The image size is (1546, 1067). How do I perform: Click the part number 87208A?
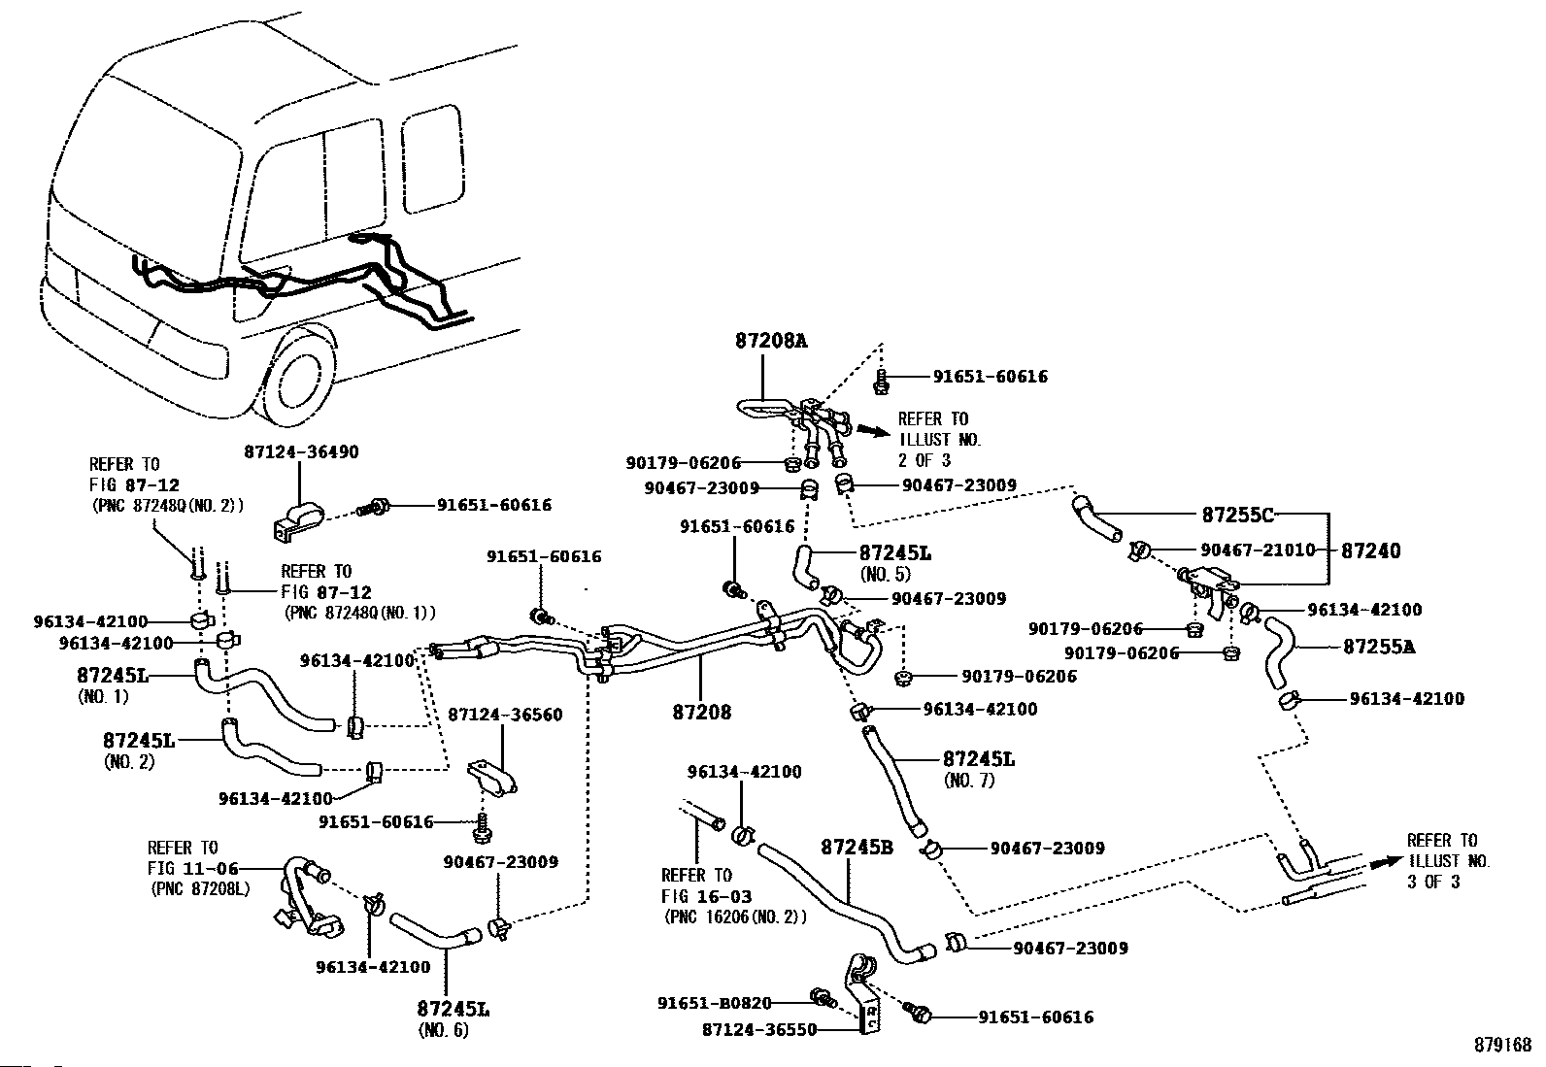[771, 341]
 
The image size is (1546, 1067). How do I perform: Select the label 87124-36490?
[300, 452]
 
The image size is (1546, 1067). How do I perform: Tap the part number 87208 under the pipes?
[701, 712]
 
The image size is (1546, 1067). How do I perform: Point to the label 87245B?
[857, 847]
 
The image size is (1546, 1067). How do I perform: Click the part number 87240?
[1370, 550]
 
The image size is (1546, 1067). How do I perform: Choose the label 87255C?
[1237, 515]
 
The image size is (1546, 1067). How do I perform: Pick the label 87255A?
[1378, 646]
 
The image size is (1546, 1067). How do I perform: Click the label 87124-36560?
[505, 715]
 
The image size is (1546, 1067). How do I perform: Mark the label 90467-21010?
[1258, 550]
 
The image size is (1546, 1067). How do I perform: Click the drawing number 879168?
[1501, 1045]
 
